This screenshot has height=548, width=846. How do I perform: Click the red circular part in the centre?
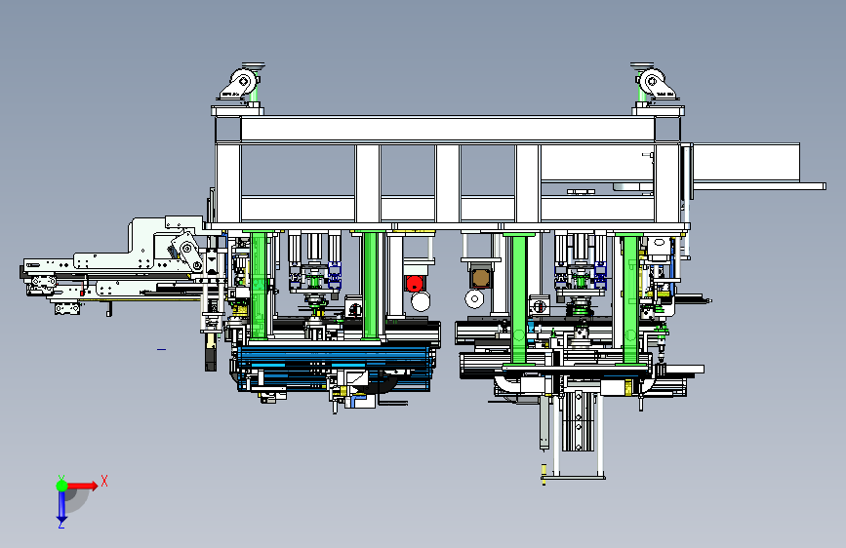[x=415, y=283]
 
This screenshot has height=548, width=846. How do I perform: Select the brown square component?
[x=480, y=278]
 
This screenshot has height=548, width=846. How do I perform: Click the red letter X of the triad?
[x=104, y=481]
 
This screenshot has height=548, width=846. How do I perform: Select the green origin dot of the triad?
[x=61, y=486]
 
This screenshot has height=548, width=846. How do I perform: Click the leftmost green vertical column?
[x=259, y=285]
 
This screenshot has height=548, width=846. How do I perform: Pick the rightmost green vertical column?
[x=630, y=298]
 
